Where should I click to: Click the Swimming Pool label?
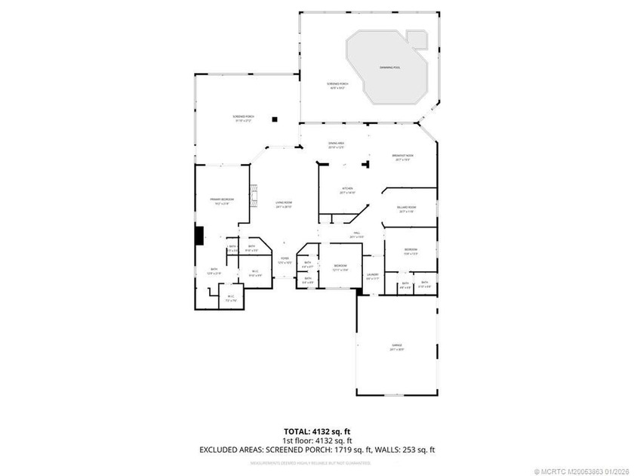coord(390,68)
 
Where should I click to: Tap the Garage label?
coord(397,346)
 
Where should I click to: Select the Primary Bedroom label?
coord(222,199)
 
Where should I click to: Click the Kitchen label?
coord(348,189)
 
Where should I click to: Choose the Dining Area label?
coord(336,144)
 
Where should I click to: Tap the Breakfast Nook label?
coord(404,156)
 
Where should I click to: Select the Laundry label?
coord(372,276)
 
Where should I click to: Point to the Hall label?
coord(356,233)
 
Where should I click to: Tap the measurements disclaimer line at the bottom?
coord(316,462)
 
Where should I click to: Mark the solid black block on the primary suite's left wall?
coord(199,236)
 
